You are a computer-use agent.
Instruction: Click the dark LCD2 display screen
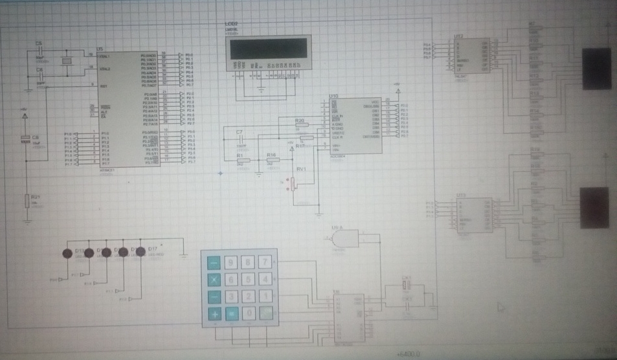pos(268,49)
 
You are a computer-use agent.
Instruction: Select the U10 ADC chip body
pos(355,126)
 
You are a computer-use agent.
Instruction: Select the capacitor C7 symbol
pos(239,140)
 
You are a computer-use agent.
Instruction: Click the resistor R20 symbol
pos(300,127)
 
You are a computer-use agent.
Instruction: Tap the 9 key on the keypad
pos(230,262)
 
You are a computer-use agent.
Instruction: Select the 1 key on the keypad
pos(265,297)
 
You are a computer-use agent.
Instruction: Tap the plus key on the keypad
pos(213,314)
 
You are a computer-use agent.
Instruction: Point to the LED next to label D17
pos(139,252)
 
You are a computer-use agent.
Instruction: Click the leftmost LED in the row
pos(67,253)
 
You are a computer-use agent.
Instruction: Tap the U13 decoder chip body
pos(475,214)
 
